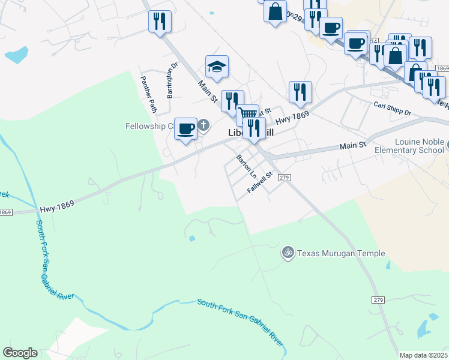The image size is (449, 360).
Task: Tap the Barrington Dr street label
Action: coord(173,80)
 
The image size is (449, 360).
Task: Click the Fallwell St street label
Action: coord(260,182)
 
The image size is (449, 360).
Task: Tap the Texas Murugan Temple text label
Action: coord(341,253)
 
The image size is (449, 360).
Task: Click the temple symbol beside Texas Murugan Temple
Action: coord(288,253)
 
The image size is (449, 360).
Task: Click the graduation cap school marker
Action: coord(217,67)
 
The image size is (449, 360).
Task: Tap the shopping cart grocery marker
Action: coord(247,113)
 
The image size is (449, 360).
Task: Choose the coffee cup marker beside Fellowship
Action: coord(185,128)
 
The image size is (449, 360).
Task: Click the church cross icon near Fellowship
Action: coord(203,125)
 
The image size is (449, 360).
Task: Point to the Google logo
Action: coord(20,353)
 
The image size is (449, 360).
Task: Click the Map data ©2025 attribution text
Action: coord(423,355)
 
